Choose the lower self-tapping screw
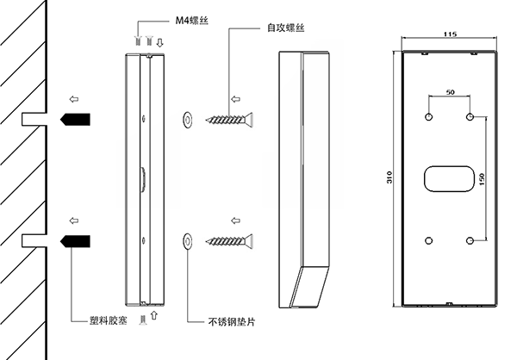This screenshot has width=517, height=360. [x=227, y=239]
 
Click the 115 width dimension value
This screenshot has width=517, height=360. [x=449, y=35]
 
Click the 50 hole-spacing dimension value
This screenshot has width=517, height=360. [x=449, y=91]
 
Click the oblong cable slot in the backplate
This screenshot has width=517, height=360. [x=449, y=178]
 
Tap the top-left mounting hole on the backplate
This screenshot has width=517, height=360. [x=429, y=116]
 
